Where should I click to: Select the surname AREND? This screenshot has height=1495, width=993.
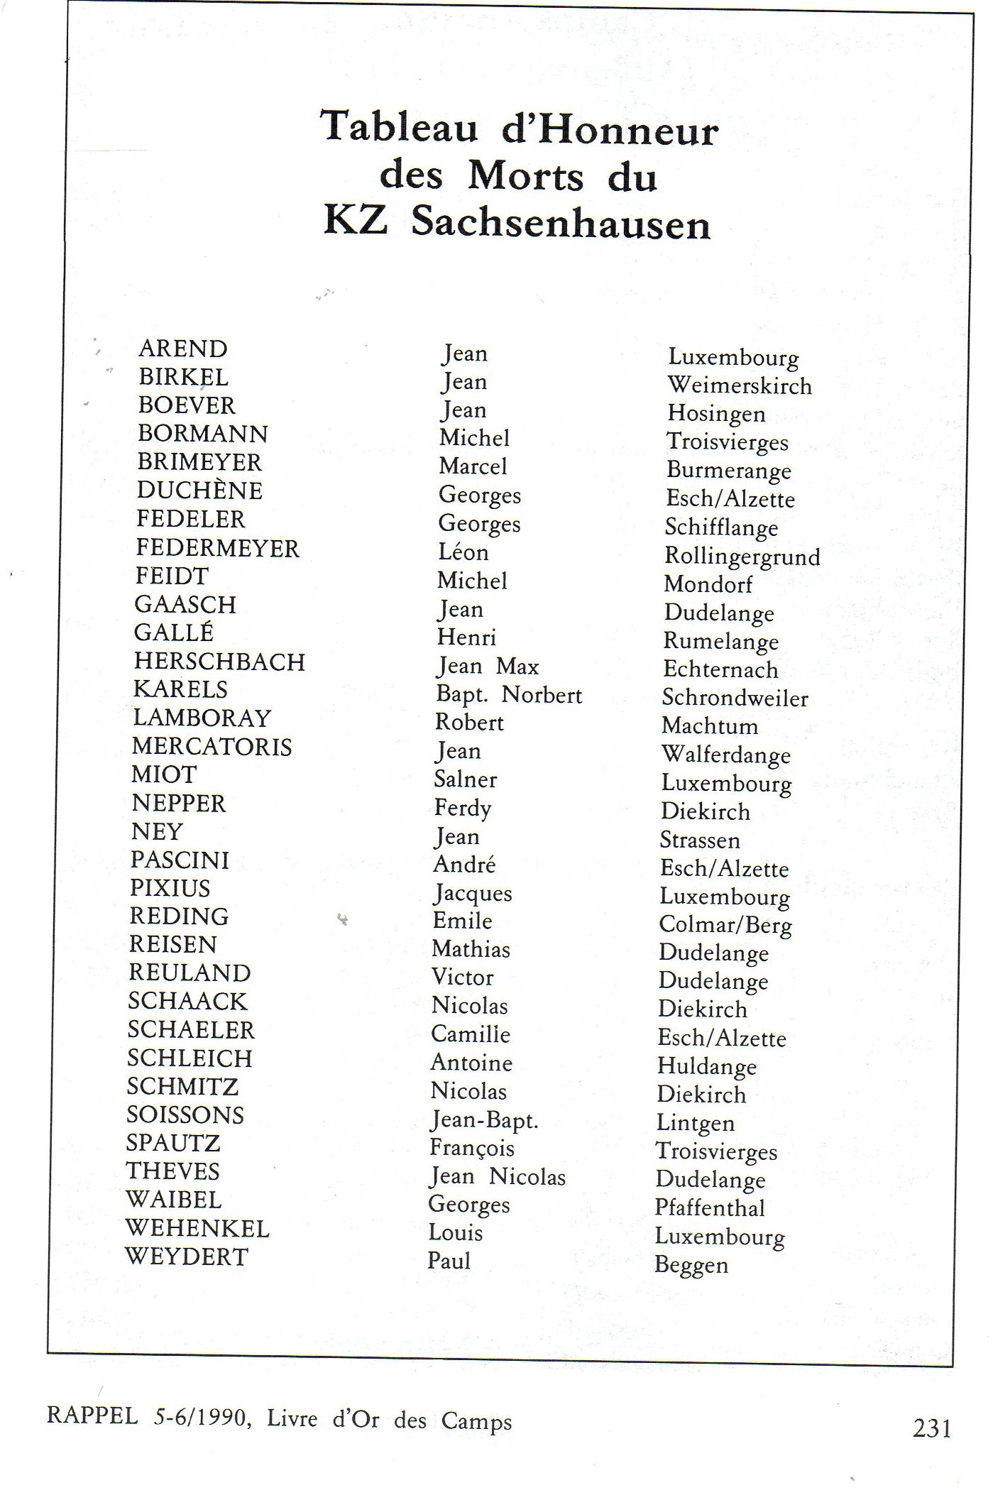pyautogui.click(x=183, y=349)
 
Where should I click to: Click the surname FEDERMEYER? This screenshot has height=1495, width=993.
pyautogui.click(x=218, y=548)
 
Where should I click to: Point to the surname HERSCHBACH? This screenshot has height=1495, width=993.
pyautogui.click(x=219, y=662)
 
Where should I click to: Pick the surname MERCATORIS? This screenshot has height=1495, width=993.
pyautogui.click(x=212, y=747)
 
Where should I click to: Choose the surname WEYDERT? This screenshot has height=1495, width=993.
pyautogui.click(x=187, y=1256)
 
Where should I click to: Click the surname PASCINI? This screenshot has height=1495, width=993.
pyautogui.click(x=180, y=860)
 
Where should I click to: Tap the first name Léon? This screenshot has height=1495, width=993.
pyautogui.click(x=463, y=552)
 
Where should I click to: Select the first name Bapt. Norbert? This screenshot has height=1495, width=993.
pyautogui.click(x=509, y=695)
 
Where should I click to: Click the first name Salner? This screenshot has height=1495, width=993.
pyautogui.click(x=466, y=779)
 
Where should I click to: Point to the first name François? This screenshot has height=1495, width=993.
pyautogui.click(x=472, y=1148)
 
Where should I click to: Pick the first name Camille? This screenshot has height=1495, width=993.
pyautogui.click(x=471, y=1034)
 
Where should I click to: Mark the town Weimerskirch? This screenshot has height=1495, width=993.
pyautogui.click(x=739, y=385)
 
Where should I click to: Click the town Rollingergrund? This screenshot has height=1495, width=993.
pyautogui.click(x=742, y=556)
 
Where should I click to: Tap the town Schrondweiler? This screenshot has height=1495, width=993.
pyautogui.click(x=735, y=698)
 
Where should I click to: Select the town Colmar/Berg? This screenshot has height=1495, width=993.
pyautogui.click(x=725, y=925)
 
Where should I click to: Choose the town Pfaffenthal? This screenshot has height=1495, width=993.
pyautogui.click(x=710, y=1208)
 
